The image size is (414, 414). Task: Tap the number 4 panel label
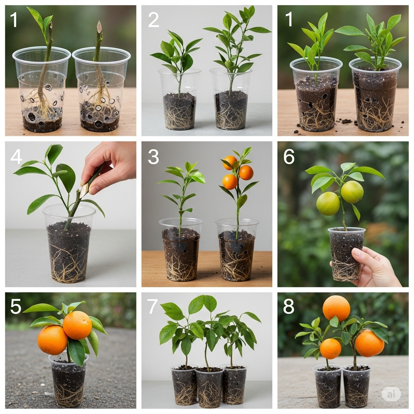point(16,156)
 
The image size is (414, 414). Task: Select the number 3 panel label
point(153,156)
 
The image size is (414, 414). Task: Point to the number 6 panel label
point(289,156)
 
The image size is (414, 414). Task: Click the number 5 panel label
point(16,306)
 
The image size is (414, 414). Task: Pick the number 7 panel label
point(152,306)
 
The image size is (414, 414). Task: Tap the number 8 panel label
point(289,306)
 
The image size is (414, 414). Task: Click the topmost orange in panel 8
point(336,308)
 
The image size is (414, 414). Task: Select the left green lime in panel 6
point(328,203)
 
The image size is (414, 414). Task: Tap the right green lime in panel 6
point(352,192)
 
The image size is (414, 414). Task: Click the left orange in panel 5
point(53,340)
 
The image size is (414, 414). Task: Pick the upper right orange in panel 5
point(77,325)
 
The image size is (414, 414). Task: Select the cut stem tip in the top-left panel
point(99,27)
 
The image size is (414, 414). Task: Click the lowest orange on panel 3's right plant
point(230,182)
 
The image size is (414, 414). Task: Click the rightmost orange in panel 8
point(369,343)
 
